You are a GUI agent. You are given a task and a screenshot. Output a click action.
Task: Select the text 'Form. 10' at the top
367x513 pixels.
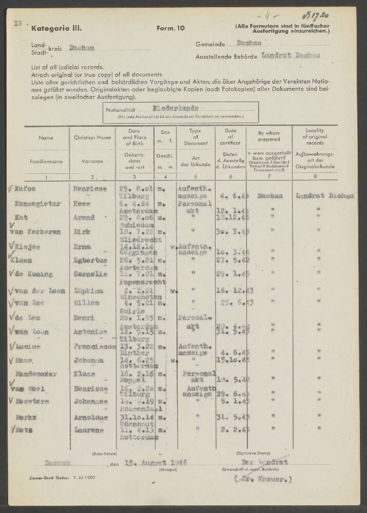point(169,29)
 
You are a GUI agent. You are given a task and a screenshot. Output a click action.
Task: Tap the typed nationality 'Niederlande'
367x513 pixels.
point(175,108)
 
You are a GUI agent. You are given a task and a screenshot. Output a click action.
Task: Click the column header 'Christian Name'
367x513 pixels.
point(92,137)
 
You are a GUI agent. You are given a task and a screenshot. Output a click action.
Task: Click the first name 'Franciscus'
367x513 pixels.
point(93,347)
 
